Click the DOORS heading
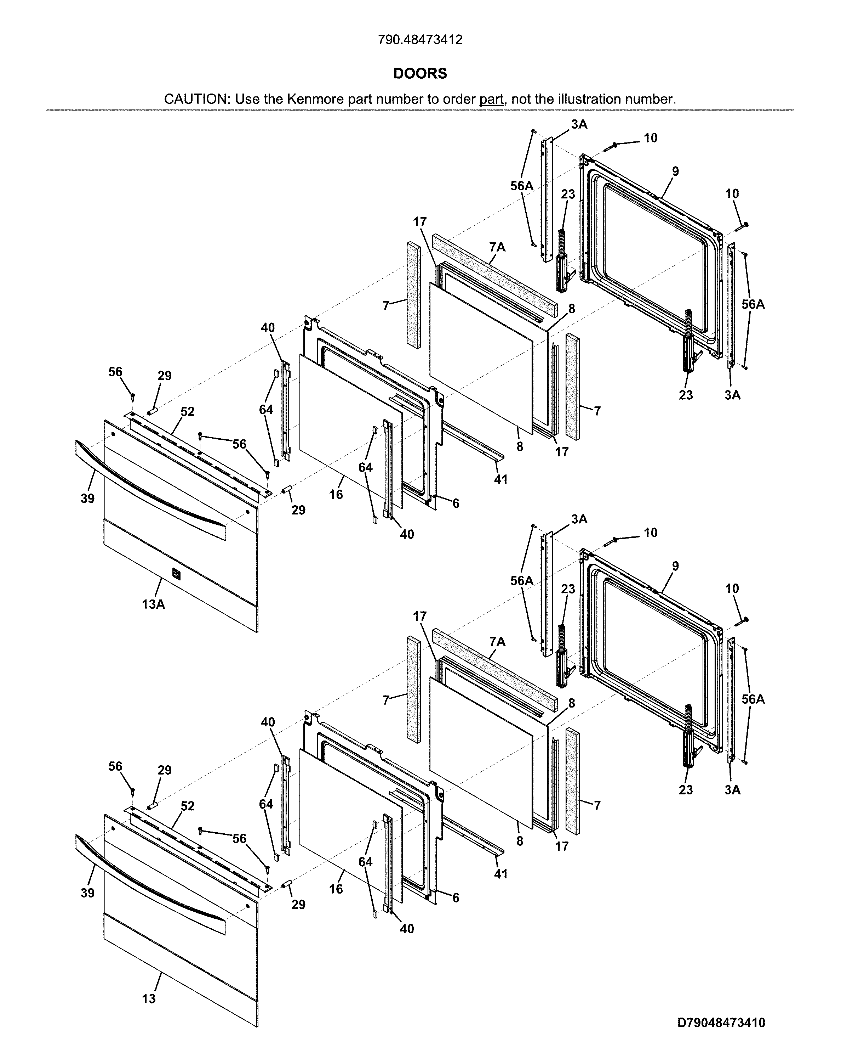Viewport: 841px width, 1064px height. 420,73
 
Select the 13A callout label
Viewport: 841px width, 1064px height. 153,604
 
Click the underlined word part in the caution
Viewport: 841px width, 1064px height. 491,99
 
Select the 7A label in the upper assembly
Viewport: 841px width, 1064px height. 497,247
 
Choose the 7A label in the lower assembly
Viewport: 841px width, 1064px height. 497,642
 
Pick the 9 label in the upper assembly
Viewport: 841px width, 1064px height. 675,171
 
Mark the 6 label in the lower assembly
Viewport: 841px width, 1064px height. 456,898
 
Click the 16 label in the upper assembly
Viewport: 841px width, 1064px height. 336,494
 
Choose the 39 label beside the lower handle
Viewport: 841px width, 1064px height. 88,893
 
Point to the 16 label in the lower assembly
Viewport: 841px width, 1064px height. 336,889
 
